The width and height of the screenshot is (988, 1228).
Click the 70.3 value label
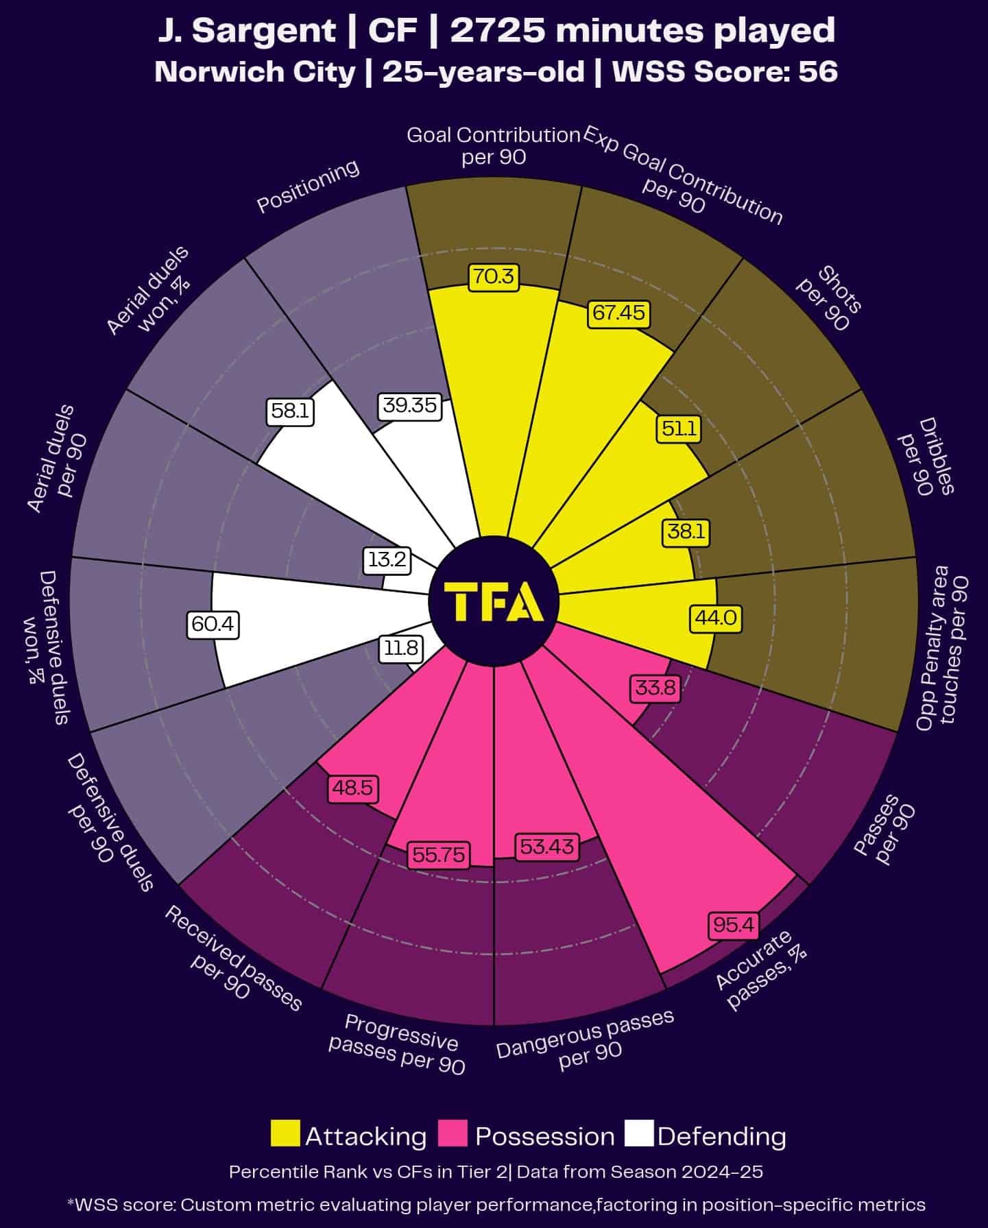[493, 276]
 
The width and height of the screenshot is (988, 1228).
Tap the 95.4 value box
[733, 925]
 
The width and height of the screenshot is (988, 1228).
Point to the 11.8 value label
[401, 648]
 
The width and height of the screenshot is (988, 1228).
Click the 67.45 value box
[618, 313]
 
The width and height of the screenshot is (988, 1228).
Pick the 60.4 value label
[213, 624]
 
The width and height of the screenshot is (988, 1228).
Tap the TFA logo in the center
[494, 601]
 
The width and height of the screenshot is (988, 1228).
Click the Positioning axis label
[308, 186]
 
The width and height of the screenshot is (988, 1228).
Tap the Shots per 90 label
[828, 300]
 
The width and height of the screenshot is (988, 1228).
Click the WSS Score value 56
[818, 72]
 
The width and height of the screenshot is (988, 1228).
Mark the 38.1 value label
[686, 531]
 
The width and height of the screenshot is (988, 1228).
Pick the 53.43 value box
[546, 847]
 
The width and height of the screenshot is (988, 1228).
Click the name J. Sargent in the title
[246, 31]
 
